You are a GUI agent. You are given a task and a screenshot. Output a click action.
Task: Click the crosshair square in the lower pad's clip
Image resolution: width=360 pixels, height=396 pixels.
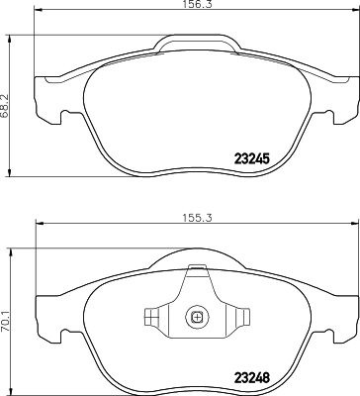[x=197, y=318]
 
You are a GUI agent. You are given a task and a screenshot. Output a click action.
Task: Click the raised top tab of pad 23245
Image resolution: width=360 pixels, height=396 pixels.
[x=197, y=44]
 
